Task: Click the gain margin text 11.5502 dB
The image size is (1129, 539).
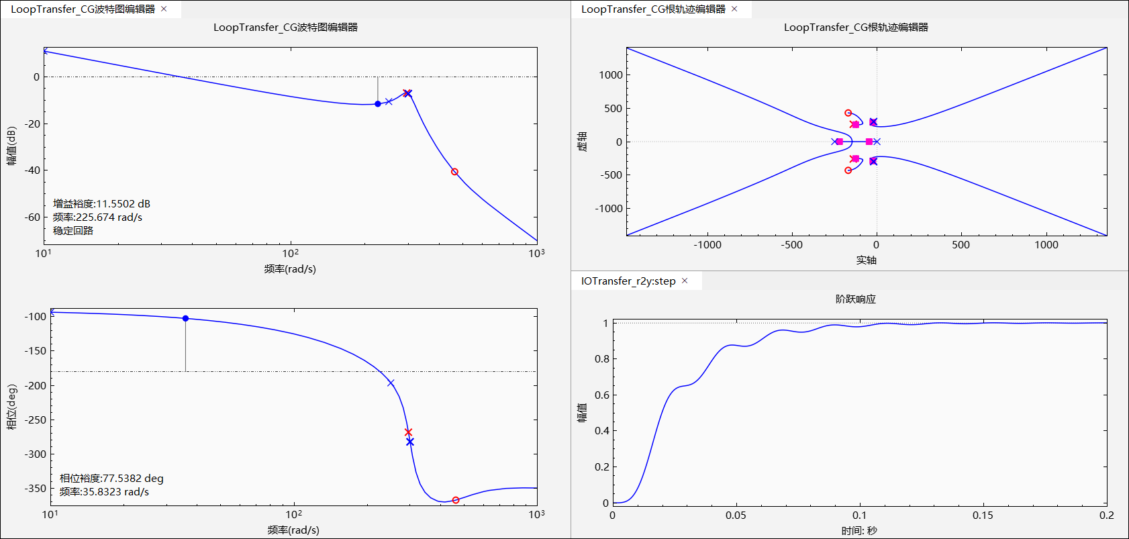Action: tap(123, 203)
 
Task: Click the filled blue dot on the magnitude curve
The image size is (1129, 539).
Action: tap(378, 104)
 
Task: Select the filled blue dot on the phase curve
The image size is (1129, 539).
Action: tap(186, 318)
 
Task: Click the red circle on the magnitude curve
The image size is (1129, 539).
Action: tap(454, 172)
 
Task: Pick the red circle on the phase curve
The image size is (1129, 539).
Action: tap(456, 500)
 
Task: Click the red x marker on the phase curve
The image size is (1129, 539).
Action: tap(408, 432)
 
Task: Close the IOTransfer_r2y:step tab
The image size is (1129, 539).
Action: tap(685, 281)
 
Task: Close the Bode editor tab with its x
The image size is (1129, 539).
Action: tap(164, 9)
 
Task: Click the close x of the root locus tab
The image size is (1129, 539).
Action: tap(734, 9)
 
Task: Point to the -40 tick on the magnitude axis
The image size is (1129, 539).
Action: tap(32, 170)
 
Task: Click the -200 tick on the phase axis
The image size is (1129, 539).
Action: tap(36, 385)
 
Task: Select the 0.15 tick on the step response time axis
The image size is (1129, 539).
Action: tap(983, 516)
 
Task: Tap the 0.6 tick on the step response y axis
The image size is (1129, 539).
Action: tap(602, 395)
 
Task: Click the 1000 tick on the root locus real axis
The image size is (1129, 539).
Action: tap(1046, 245)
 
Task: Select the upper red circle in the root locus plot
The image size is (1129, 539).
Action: tap(848, 113)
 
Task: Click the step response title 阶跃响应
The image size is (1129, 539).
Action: tap(856, 299)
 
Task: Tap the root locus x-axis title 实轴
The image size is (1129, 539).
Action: tap(866, 260)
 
